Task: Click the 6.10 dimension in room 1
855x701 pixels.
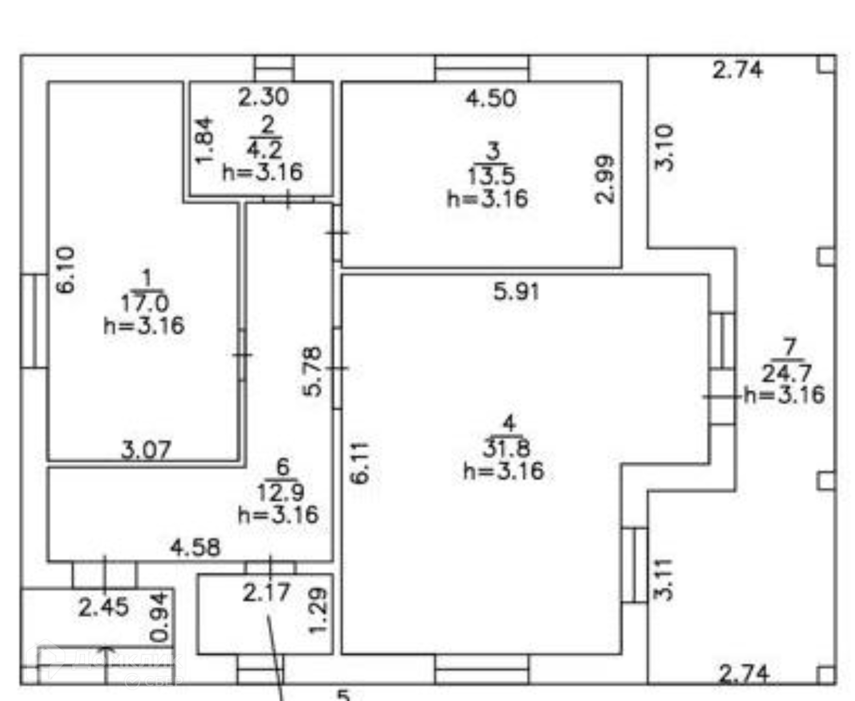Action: [x=66, y=270]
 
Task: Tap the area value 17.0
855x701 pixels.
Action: [x=145, y=304]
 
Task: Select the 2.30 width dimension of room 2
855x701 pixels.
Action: [x=263, y=97]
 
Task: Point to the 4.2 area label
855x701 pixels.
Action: [x=265, y=150]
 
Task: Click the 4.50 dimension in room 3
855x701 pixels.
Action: [x=491, y=98]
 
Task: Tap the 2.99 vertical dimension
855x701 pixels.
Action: [x=605, y=179]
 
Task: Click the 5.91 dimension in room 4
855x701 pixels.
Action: [x=516, y=292]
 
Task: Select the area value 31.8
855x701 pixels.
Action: [x=507, y=448]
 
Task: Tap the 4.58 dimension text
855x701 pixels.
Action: [x=195, y=547]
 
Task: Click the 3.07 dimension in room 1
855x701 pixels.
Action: [x=146, y=450]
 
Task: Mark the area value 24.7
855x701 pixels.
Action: [x=786, y=373]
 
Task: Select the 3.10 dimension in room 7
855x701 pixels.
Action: [x=665, y=147]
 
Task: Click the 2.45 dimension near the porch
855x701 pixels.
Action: [x=104, y=607]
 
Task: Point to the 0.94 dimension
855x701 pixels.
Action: [x=159, y=617]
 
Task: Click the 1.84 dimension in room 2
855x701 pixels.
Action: [x=205, y=140]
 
